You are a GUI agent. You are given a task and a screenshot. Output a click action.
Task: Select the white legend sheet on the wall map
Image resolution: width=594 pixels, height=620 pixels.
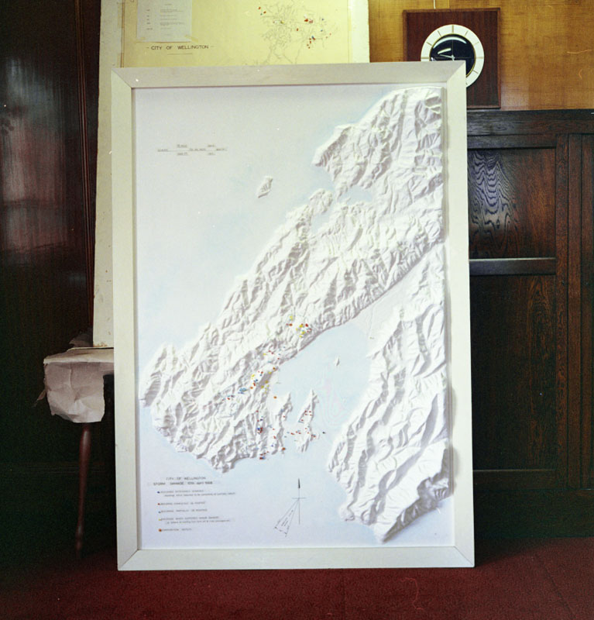[x=164, y=19]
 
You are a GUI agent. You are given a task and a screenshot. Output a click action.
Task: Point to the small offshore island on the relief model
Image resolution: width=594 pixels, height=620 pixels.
[x=265, y=186]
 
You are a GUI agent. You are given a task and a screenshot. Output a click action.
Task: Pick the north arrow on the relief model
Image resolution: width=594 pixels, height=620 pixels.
[x=298, y=496]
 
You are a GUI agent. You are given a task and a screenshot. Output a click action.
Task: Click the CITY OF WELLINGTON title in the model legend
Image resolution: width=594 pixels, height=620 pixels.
[x=175, y=480]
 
